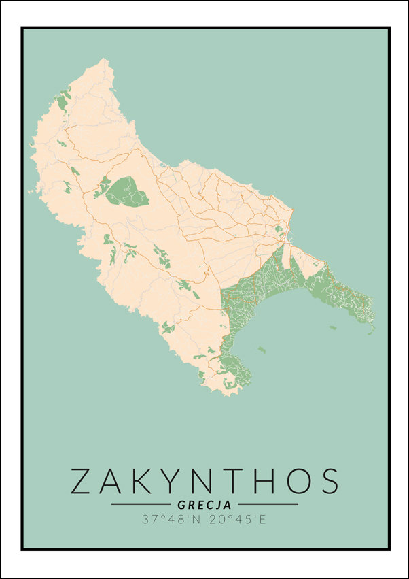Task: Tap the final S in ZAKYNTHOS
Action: coord(327,480)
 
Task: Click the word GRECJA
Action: coord(204,505)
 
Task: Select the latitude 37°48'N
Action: coord(171,519)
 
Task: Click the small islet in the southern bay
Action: coord(260,350)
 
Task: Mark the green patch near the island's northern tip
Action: coord(64,101)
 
